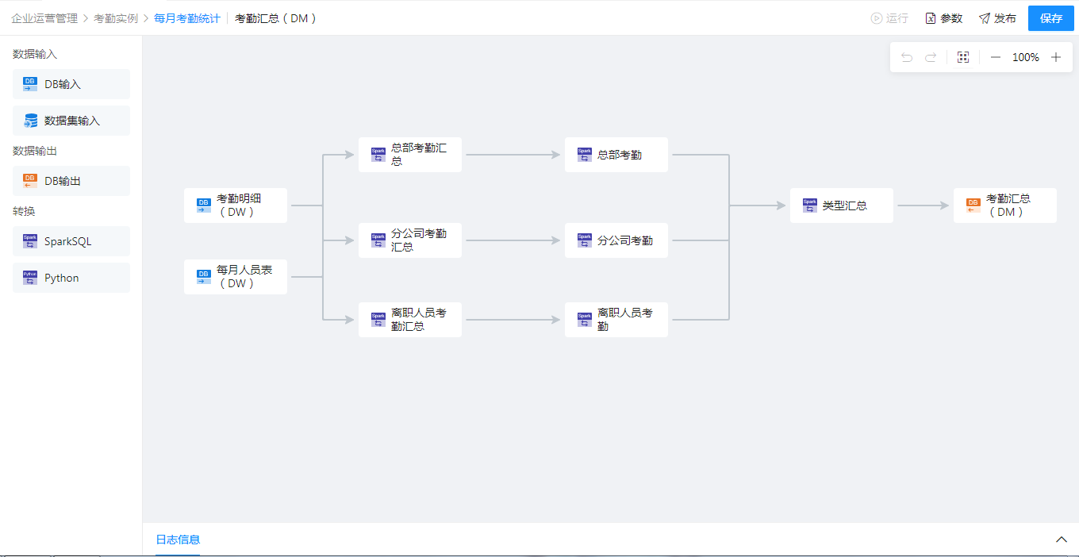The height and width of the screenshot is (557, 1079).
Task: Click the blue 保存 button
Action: click(1050, 18)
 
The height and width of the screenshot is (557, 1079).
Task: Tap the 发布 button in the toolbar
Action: click(997, 18)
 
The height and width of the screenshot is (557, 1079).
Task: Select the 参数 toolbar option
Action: click(943, 18)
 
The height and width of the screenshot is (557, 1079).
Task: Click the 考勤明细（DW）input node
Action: click(236, 206)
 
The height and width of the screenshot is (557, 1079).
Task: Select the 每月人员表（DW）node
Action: click(236, 277)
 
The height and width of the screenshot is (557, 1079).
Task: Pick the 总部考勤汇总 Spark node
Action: click(410, 155)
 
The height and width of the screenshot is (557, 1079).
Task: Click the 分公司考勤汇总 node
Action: click(410, 240)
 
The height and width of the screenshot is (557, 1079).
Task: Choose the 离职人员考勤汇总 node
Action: click(410, 320)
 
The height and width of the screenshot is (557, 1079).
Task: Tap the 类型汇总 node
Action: click(841, 206)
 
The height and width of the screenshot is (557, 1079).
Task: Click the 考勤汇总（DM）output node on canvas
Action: click(1004, 206)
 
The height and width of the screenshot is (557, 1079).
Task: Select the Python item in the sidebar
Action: click(71, 278)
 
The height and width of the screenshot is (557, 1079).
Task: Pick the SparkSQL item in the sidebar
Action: click(71, 241)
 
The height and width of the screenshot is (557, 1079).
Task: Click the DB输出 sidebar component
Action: click(71, 181)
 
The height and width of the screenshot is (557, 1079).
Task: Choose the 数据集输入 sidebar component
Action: click(71, 121)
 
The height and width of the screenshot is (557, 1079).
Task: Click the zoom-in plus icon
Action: click(1056, 57)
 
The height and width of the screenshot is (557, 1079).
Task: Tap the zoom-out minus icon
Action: click(996, 57)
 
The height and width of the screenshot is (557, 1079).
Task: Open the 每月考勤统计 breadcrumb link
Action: click(187, 18)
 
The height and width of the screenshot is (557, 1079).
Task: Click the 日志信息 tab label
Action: click(178, 540)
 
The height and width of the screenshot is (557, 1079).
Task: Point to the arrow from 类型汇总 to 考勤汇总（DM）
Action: click(923, 206)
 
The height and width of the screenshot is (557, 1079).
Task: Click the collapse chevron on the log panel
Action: click(1062, 540)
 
